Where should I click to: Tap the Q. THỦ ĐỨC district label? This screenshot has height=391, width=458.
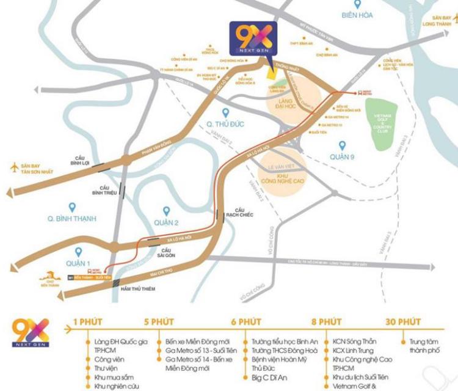(225, 124)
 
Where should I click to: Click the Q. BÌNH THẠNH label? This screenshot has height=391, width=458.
(72, 218)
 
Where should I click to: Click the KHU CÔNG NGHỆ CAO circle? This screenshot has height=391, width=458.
(285, 166)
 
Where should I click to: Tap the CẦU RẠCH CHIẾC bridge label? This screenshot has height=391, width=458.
(238, 214)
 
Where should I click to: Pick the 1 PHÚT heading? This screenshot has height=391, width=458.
(88, 321)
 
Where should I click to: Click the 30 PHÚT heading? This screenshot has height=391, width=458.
(402, 321)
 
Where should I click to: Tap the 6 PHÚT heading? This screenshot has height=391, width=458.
(246, 321)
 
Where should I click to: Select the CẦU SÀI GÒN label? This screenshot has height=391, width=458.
(165, 254)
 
